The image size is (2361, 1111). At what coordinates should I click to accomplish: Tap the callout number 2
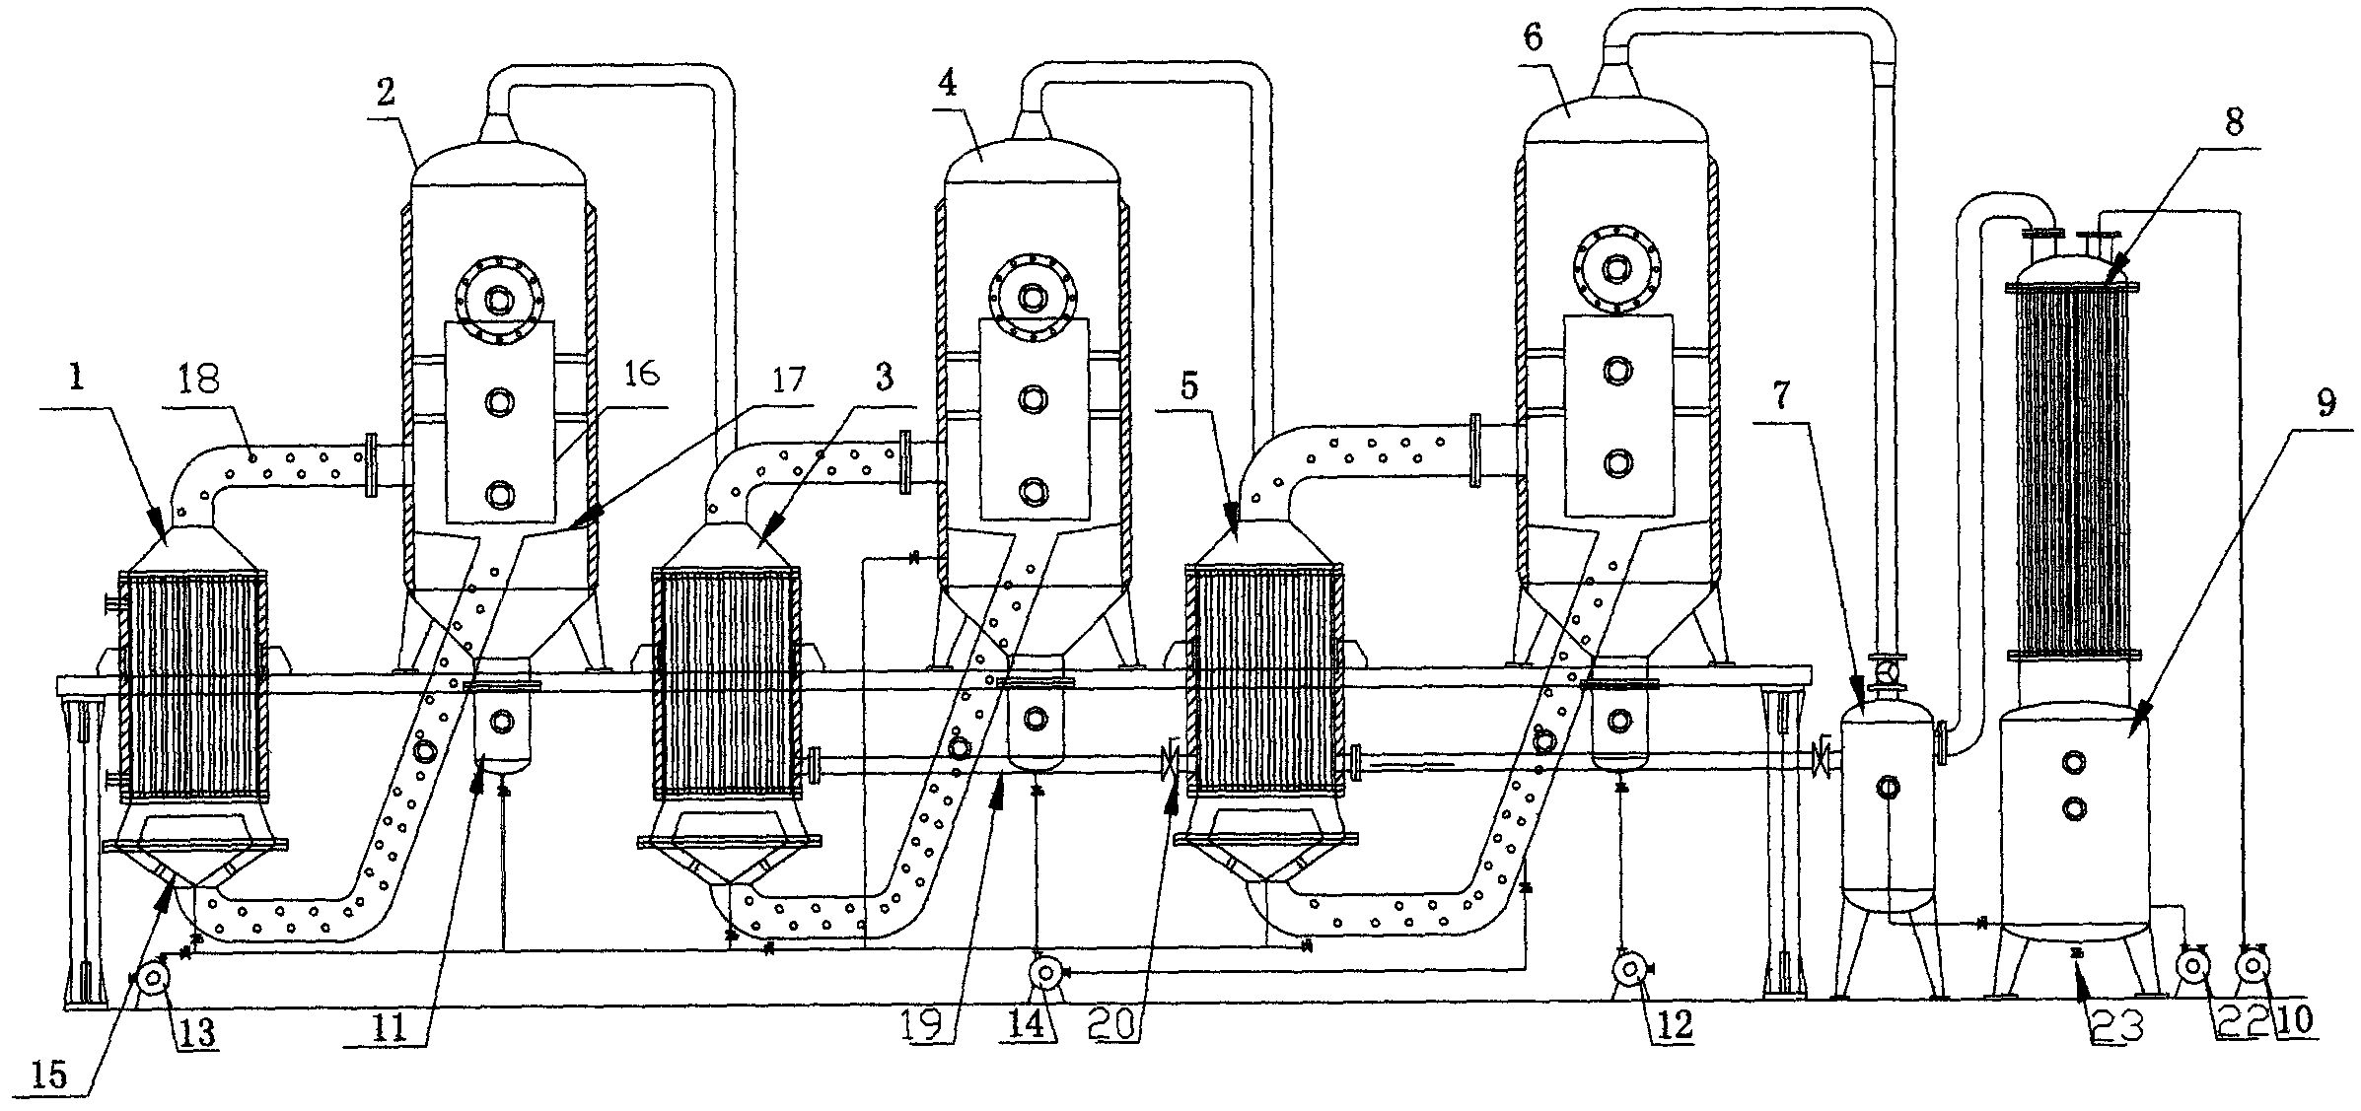[x=386, y=93]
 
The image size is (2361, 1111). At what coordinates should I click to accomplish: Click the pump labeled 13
[x=152, y=978]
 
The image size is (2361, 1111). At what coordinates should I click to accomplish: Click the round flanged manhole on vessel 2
[x=500, y=297]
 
